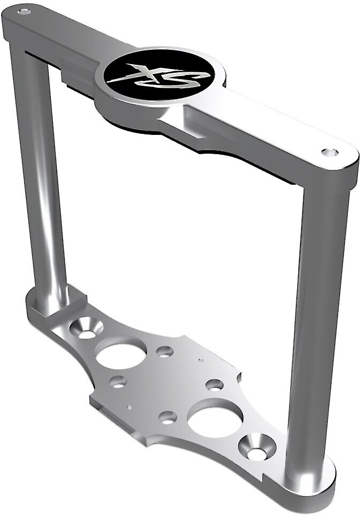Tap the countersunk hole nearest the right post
coord(257,449)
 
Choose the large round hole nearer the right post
coord(215,421)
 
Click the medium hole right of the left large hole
coord(164,352)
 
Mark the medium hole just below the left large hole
coord(118,382)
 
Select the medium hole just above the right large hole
coord(214,385)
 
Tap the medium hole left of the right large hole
coord(167,417)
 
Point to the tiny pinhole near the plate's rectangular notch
coord(129,407)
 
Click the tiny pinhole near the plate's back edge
coord(200,360)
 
